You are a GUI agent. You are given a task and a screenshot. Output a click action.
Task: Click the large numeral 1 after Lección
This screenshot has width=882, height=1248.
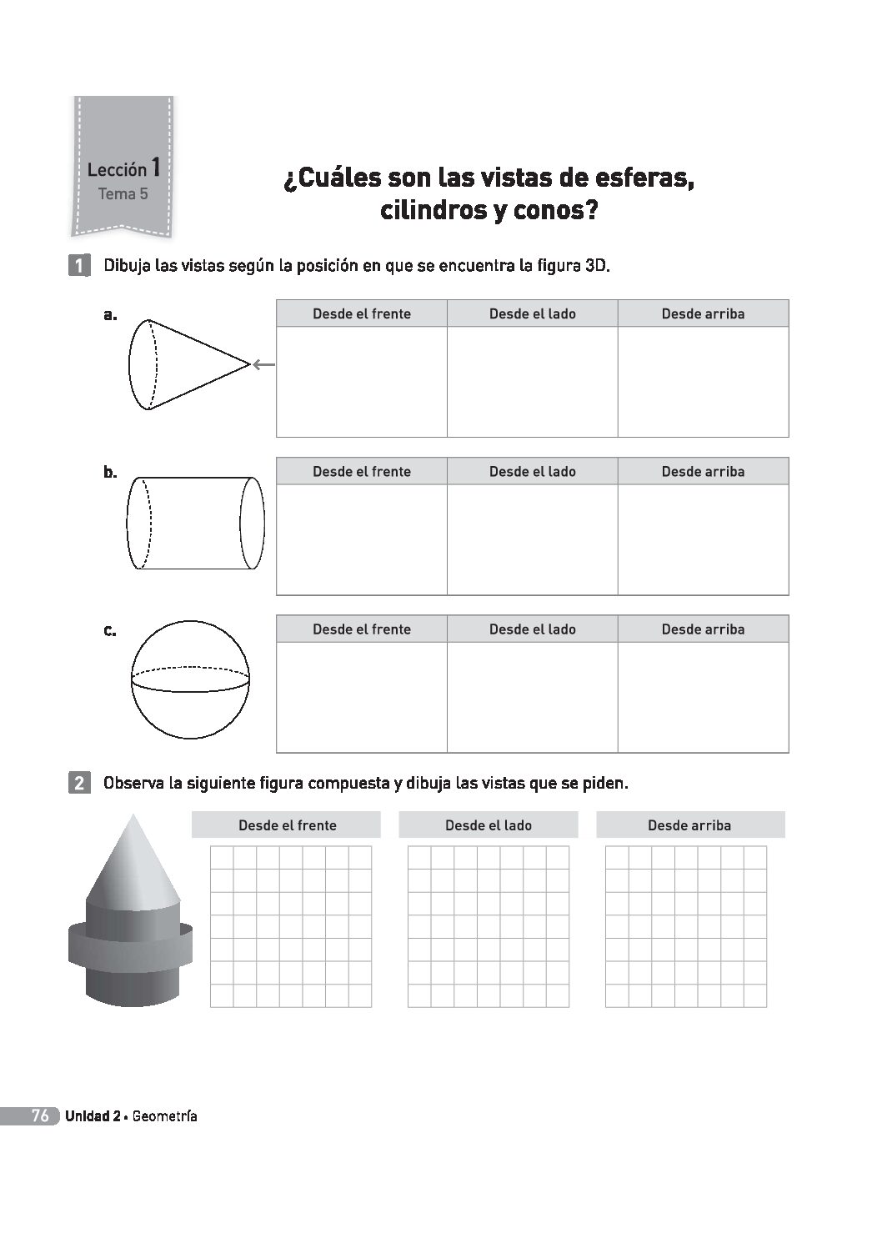[155, 167]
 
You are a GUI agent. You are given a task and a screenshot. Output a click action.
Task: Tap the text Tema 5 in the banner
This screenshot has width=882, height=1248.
[123, 194]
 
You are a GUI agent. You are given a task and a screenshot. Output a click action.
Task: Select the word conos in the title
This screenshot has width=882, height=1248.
[555, 210]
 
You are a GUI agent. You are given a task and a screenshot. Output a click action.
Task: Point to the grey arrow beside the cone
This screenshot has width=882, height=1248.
[263, 364]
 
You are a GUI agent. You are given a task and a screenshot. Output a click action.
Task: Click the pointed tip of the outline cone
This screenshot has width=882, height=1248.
[248, 364]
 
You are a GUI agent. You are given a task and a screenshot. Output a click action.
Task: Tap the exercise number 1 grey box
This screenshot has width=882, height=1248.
[78, 267]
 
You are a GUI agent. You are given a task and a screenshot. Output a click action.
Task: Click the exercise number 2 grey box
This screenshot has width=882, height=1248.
[78, 784]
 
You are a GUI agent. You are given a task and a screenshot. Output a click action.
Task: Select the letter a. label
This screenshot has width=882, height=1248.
[110, 315]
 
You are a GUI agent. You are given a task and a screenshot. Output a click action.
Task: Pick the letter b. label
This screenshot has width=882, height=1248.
[110, 473]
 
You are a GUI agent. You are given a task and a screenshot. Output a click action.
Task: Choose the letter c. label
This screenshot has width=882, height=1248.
[110, 631]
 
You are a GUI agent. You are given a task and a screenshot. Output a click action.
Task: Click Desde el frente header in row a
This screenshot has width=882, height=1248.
[362, 314]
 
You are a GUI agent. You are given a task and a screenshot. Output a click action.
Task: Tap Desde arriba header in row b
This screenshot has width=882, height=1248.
[703, 472]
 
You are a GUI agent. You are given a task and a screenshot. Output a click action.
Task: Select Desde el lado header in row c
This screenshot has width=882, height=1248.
[532, 629]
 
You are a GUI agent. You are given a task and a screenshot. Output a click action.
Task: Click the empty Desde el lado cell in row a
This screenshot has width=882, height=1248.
[532, 381]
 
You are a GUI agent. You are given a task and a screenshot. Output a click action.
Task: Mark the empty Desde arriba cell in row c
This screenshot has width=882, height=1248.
[703, 697]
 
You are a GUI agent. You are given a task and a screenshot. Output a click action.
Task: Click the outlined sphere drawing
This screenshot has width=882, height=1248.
[190, 679]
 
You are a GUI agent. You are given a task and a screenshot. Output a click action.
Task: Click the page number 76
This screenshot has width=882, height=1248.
[40, 1116]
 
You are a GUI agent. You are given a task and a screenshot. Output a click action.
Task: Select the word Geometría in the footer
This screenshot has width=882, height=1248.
[164, 1116]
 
